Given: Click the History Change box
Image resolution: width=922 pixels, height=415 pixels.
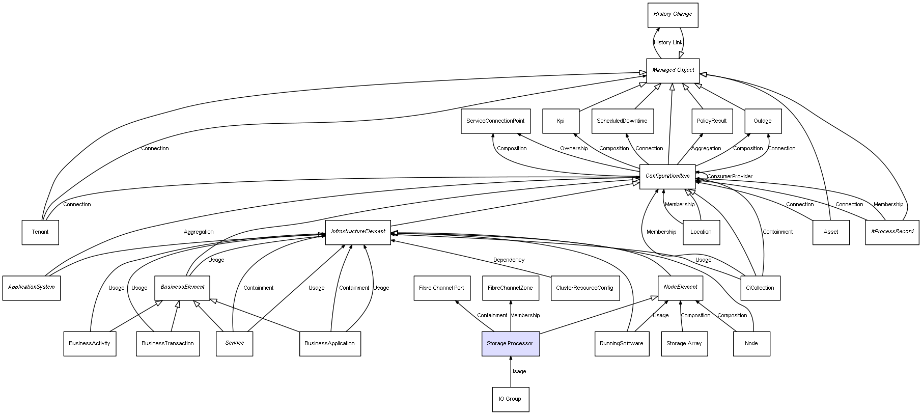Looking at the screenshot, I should coord(673,15).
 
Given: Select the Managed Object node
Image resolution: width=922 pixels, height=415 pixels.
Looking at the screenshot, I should coord(673,70).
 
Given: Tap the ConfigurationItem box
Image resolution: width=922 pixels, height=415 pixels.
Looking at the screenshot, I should coord(667,176).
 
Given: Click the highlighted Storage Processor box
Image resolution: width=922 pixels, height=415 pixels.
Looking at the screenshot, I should coord(510,344).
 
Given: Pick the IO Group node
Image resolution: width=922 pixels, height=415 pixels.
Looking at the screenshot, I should coord(510,399).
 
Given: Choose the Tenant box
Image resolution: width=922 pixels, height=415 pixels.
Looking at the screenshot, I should coord(40,232).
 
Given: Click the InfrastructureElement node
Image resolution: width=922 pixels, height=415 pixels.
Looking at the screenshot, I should coord(358,232).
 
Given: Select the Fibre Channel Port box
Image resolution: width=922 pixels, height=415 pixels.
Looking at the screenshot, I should coord(441,288).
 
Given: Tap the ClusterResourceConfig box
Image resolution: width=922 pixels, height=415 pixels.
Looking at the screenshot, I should coord(584,288).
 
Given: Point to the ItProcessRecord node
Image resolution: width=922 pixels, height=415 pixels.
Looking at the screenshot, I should coord(892,232).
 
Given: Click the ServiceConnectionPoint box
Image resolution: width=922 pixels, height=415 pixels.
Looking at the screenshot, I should coord(495,121).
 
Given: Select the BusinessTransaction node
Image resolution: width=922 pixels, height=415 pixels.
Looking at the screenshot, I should coord(167,344).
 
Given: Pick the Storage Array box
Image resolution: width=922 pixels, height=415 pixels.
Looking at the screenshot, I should coord(684,344).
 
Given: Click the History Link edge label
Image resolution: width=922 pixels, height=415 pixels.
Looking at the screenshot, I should coord(667,43).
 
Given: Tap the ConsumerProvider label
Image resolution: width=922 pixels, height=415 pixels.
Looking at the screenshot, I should coord(730,177).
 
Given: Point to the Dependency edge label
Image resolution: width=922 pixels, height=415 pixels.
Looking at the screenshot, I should coord(509,260).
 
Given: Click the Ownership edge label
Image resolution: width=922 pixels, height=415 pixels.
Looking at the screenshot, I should coord(574,149).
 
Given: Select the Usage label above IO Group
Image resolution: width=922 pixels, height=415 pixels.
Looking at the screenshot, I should coord(519,372).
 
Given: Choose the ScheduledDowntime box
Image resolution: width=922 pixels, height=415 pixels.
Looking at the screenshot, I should coord(622,121).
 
